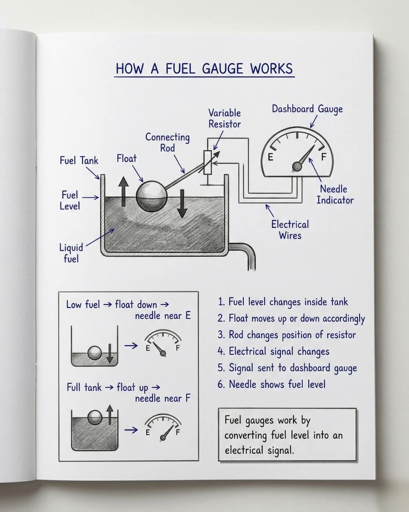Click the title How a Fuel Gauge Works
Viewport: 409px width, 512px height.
pyautogui.click(x=204, y=69)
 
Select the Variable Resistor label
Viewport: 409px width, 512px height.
pyautogui.click(x=225, y=119)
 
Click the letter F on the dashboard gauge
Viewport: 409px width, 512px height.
pyautogui.click(x=323, y=157)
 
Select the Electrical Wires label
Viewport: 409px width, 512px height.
pyautogui.click(x=290, y=229)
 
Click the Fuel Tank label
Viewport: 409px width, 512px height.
pyautogui.click(x=78, y=161)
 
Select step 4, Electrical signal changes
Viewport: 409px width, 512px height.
pyautogui.click(x=279, y=351)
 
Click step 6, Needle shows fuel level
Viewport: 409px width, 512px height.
pyautogui.click(x=277, y=384)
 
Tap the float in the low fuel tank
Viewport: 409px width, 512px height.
pyautogui.click(x=94, y=353)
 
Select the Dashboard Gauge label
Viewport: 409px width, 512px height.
pyautogui.click(x=307, y=109)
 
